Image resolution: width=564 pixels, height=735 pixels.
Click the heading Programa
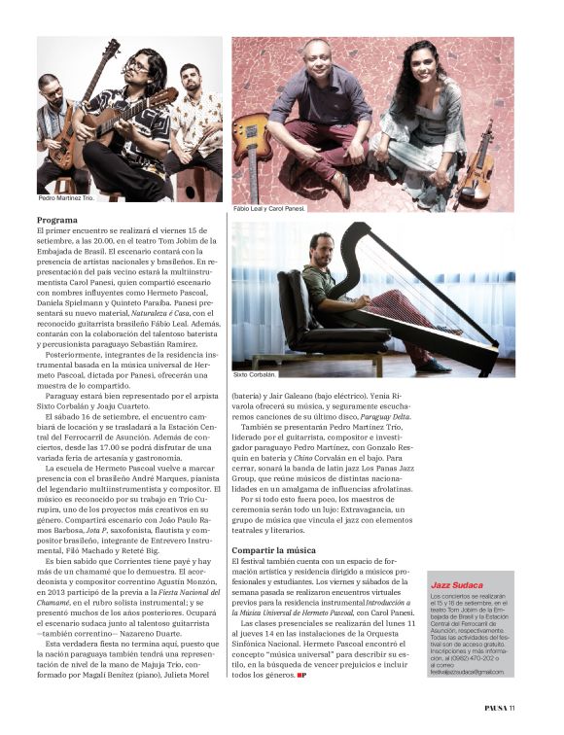click(x=57, y=220)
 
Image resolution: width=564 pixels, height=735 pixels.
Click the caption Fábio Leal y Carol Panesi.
click(x=270, y=208)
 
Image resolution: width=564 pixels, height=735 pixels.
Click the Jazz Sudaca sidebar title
click(x=457, y=584)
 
